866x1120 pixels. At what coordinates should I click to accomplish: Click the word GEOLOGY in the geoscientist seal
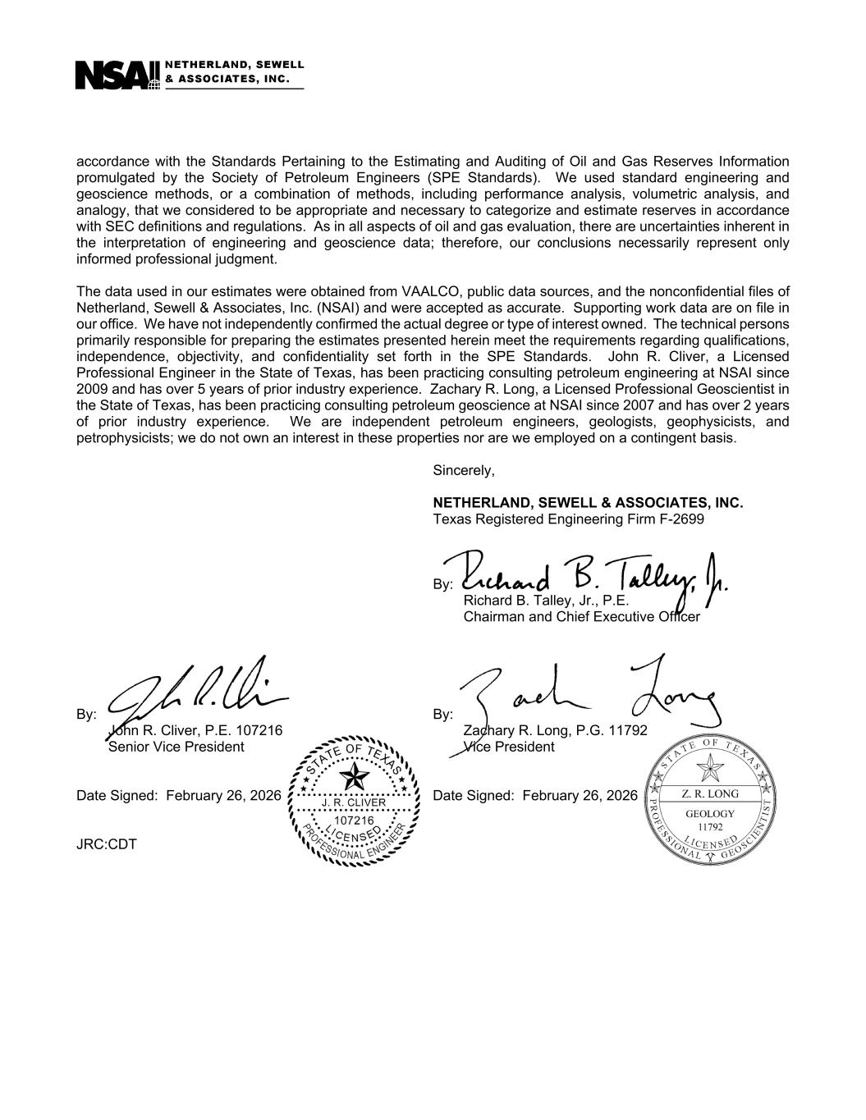click(710, 813)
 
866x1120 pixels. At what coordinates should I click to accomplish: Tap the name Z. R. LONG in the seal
click(710, 793)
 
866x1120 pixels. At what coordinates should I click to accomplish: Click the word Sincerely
click(464, 471)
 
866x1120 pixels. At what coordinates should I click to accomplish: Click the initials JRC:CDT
click(107, 843)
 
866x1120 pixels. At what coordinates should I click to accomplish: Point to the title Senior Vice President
click(176, 747)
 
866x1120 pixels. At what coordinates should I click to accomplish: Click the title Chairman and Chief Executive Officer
click(581, 616)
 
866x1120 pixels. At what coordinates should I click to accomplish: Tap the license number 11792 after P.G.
click(629, 730)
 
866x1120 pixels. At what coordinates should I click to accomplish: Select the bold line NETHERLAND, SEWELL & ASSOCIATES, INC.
click(588, 503)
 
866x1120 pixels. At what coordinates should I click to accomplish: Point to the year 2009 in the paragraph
click(90, 389)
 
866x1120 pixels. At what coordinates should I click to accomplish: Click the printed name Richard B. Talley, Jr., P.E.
click(546, 601)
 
